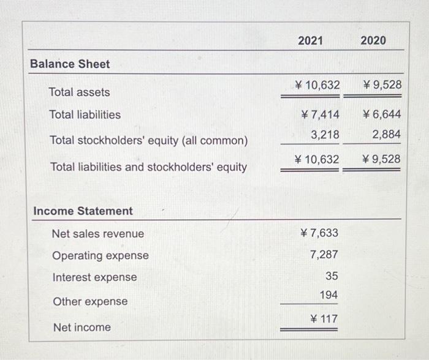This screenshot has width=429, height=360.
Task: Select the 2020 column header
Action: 373,40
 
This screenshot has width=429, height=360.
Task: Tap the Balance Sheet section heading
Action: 70,64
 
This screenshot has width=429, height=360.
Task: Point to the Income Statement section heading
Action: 83,211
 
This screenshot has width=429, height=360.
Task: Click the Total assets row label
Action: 80,92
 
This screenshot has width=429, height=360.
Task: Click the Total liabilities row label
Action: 85,115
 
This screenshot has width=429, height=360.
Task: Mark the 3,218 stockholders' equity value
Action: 325,134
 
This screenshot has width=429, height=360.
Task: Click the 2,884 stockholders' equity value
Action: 386,134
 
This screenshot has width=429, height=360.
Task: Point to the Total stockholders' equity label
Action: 148,141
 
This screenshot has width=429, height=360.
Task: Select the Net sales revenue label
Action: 98,234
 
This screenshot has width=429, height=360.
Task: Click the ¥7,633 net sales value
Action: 319,233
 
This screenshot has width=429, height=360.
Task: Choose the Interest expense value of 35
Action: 332,277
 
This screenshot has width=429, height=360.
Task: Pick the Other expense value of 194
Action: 329,296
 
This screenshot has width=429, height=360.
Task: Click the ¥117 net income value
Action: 324,319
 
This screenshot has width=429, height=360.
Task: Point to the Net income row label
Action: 82,328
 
